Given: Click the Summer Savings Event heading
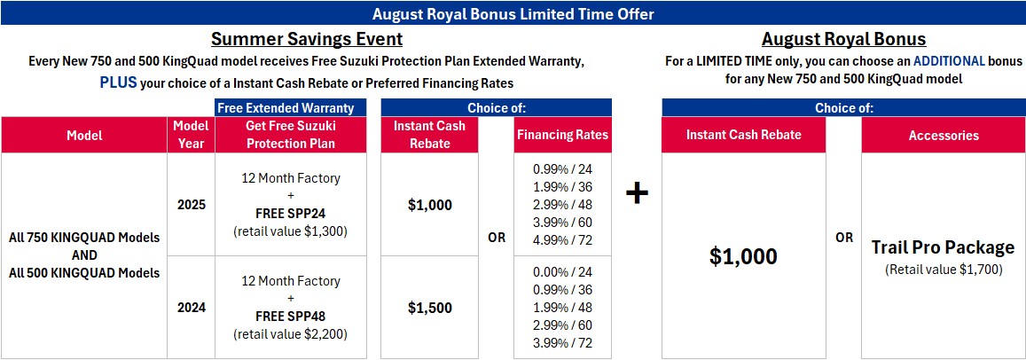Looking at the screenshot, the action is [306, 39].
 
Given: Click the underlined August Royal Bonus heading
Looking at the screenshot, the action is [843, 39].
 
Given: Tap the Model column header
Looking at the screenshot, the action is [84, 136].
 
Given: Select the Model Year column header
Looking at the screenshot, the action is [191, 135].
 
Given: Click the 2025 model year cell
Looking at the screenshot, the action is [191, 205].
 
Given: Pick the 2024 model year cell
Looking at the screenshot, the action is [191, 308].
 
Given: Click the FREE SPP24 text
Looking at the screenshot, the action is [291, 214].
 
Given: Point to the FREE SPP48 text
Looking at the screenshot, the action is [291, 317].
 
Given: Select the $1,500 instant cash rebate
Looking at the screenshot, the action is [430, 308].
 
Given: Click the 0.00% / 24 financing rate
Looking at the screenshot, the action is [563, 272].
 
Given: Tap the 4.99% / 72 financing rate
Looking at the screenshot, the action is [563, 240].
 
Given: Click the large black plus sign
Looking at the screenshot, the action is [637, 194].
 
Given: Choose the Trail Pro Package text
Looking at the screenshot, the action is [943, 247].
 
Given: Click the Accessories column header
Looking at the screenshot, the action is [944, 136].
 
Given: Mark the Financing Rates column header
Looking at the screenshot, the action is [563, 136].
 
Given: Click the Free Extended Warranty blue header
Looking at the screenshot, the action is [291, 108].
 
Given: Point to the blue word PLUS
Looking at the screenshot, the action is [119, 83].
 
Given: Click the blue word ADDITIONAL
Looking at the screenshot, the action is [950, 61].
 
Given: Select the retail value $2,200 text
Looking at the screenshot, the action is [291, 333].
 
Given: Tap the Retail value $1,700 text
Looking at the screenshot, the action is [943, 269].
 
